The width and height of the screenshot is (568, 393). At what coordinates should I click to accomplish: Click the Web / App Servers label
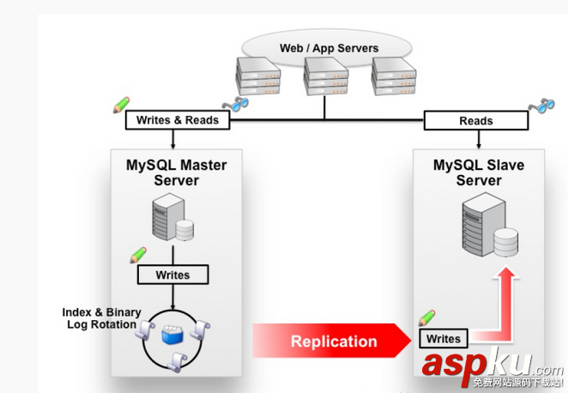click(x=329, y=47)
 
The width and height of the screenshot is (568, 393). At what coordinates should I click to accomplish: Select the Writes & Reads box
click(x=178, y=120)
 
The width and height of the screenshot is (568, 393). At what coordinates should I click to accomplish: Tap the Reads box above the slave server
click(x=475, y=121)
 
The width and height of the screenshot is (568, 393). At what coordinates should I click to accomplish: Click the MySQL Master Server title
click(x=176, y=172)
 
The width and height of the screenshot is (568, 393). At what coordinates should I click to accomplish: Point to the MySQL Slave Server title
click(x=478, y=172)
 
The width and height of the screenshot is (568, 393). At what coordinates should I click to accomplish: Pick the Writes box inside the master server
click(x=174, y=275)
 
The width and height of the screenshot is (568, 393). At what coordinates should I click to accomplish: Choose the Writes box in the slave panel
click(x=444, y=339)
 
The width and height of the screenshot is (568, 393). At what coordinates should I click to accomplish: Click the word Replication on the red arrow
click(x=334, y=342)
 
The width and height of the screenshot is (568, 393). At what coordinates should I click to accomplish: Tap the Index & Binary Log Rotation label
click(x=100, y=318)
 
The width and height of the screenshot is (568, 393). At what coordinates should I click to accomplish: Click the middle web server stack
click(x=324, y=76)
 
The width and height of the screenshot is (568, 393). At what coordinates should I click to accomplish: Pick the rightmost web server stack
click(x=394, y=76)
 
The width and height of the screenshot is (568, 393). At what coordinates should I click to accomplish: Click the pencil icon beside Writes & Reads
click(x=121, y=105)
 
